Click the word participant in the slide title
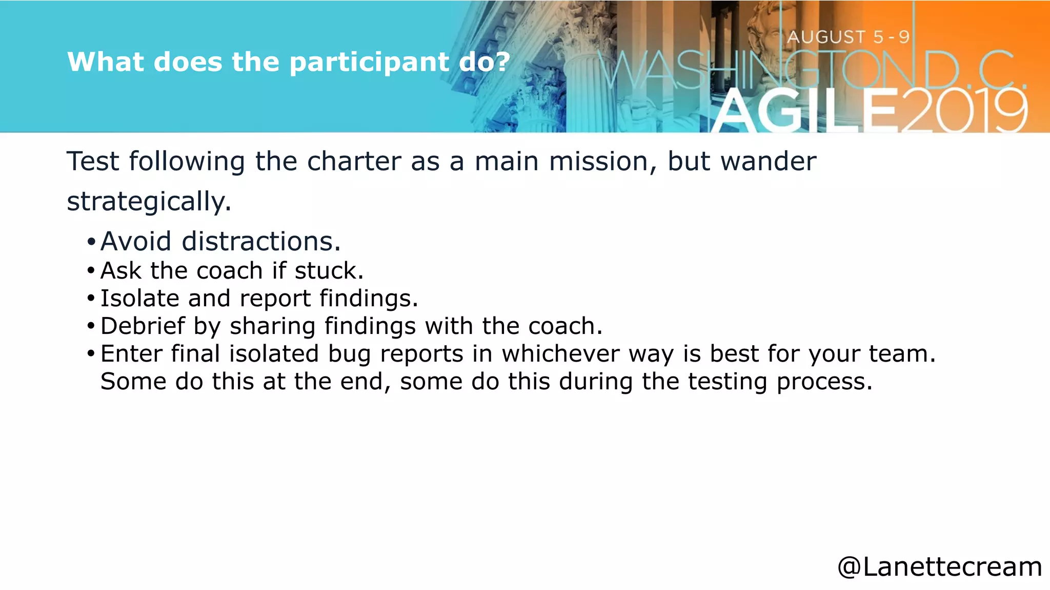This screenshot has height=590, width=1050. (369, 62)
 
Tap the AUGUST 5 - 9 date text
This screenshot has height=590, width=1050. (849, 37)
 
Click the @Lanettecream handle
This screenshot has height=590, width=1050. (939, 567)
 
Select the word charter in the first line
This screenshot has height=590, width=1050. (354, 161)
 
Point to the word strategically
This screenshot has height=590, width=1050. (149, 201)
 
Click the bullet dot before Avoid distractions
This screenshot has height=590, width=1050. (91, 242)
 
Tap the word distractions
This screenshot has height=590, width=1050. (261, 241)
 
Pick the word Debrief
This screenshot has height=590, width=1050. (143, 326)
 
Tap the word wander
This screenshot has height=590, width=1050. (768, 161)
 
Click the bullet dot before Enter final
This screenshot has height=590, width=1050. (91, 354)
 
